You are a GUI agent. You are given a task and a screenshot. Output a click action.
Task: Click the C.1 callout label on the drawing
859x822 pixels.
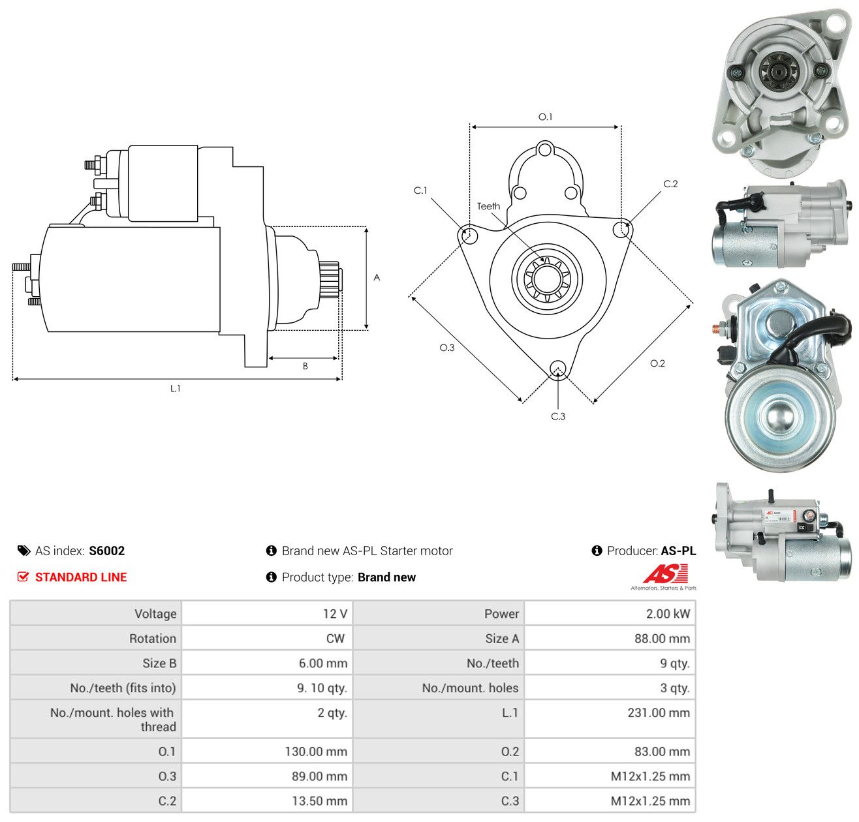tap(420, 190)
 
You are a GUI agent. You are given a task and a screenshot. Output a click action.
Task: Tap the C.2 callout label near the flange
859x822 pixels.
tap(670, 183)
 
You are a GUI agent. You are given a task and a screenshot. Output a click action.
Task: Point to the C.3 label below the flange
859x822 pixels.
tap(557, 416)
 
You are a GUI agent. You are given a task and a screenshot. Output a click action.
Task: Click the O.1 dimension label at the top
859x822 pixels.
tap(545, 117)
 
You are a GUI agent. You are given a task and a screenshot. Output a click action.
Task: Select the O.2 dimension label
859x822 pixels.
tap(657, 363)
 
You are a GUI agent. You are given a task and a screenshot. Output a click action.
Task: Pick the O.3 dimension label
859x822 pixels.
tap(446, 347)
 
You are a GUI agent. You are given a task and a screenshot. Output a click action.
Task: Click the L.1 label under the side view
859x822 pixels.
tap(175, 388)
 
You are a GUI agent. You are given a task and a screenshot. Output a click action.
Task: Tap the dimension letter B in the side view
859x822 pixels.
tap(305, 366)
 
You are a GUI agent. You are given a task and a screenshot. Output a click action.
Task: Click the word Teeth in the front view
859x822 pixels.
tap(488, 206)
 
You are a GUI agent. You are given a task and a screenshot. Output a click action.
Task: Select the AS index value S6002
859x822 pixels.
tap(107, 551)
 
